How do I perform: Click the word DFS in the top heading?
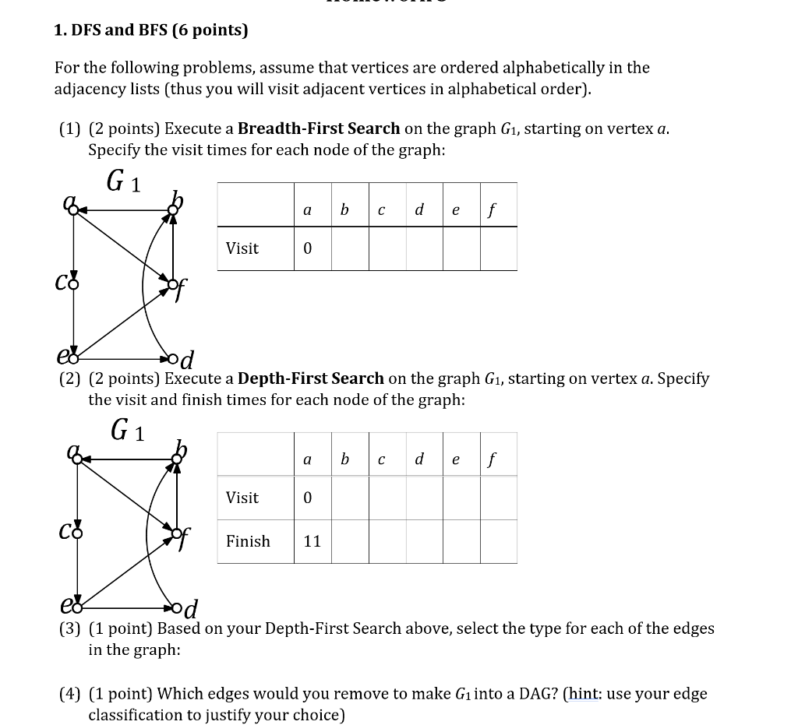click(85, 30)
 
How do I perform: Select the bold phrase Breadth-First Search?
click(319, 128)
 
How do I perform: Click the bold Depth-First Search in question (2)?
click(311, 378)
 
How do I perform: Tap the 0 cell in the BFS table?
click(307, 248)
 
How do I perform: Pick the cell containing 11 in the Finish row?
click(312, 541)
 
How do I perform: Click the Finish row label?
click(248, 541)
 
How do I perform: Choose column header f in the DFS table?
click(492, 459)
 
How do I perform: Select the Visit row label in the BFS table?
click(242, 248)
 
